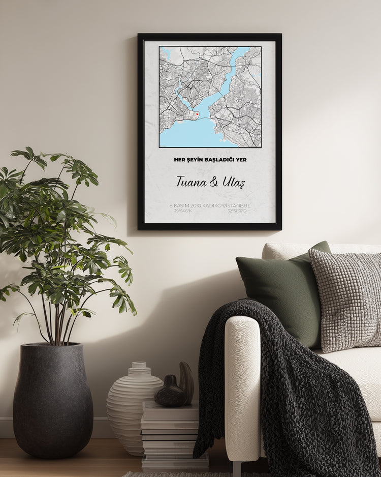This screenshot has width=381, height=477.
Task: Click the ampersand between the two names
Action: tap(214, 182)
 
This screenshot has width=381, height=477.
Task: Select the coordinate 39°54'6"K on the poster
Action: tap(183, 211)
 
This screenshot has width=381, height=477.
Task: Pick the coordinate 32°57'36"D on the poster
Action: tap(237, 211)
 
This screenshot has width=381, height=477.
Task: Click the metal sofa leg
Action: tap(237, 468)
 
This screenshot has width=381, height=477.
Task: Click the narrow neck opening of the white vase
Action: tap(139, 365)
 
